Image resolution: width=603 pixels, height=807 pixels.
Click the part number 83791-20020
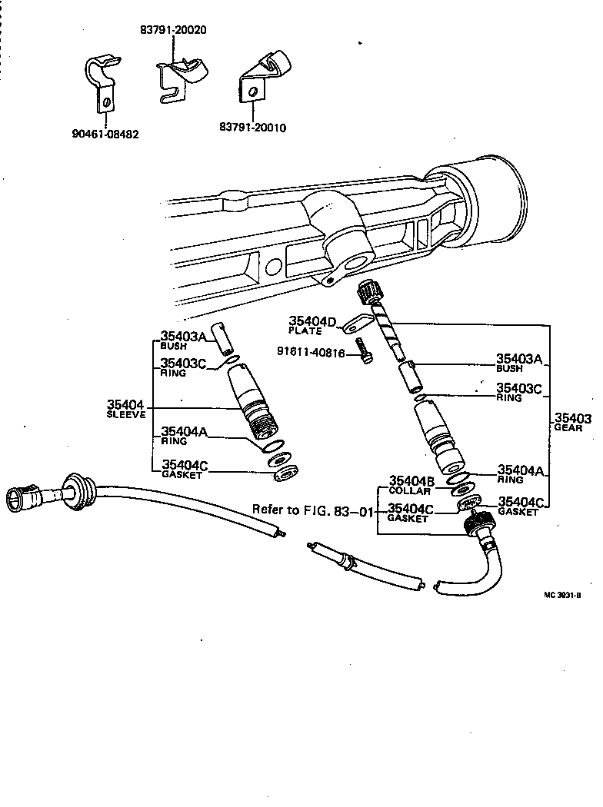pyautogui.click(x=173, y=31)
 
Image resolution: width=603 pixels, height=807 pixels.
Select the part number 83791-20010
pyautogui.click(x=252, y=128)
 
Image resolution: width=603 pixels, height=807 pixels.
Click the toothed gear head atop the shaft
pyautogui.click(x=368, y=293)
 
